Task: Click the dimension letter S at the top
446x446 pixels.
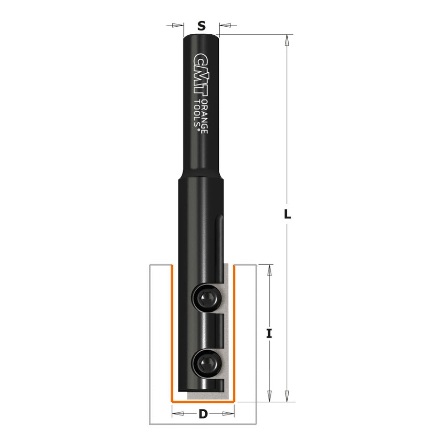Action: pos(201,26)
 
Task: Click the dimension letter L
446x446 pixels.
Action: pos(288,215)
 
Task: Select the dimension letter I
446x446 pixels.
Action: pos(269,334)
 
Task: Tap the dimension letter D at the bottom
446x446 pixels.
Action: pos(203,414)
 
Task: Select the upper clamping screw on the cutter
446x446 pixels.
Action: pos(205,297)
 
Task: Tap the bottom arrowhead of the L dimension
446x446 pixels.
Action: pos(286,397)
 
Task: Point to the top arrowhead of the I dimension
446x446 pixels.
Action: pos(269,269)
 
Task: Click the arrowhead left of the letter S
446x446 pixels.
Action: pos(179,26)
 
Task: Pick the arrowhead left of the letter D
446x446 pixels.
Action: pos(177,414)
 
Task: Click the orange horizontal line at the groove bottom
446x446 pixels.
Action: pos(203,402)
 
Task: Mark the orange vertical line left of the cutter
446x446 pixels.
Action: pos(172,333)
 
